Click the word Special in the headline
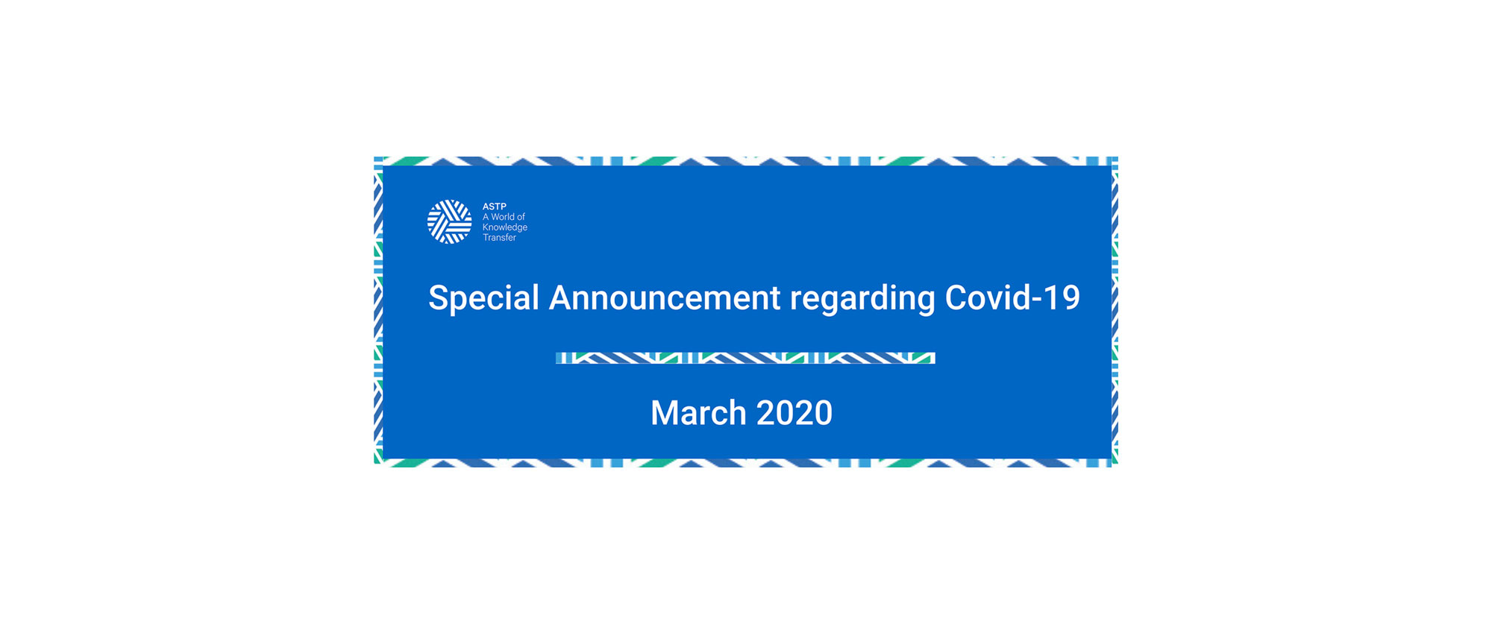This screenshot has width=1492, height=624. [483, 299]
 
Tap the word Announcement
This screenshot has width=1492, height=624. [665, 298]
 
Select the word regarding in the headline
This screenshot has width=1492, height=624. [862, 300]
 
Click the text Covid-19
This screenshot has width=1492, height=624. [1012, 297]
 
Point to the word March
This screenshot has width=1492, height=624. [698, 413]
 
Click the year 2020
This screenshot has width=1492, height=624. [794, 413]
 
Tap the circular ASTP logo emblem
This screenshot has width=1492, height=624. [449, 221]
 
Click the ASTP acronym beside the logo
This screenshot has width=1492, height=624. [495, 207]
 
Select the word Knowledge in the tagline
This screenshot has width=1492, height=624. [505, 227]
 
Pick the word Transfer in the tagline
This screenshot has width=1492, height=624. [499, 238]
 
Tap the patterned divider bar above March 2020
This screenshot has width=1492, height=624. [745, 358]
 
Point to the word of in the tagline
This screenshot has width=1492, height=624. [521, 217]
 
